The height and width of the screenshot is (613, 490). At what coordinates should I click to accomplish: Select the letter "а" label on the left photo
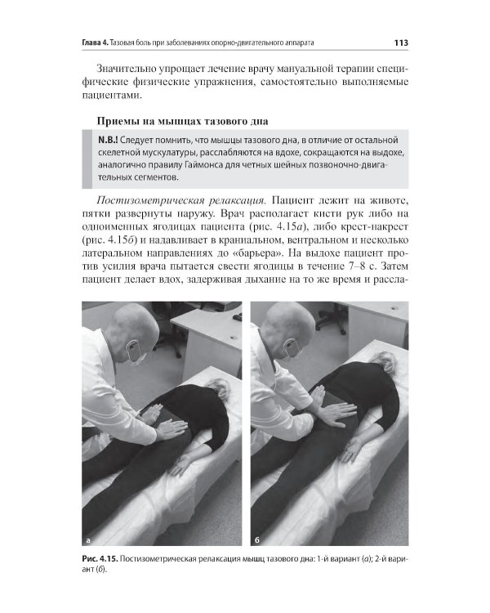pyautogui.click(x=87, y=540)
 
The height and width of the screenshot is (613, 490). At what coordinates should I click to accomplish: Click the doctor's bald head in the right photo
pyautogui.click(x=298, y=320)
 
